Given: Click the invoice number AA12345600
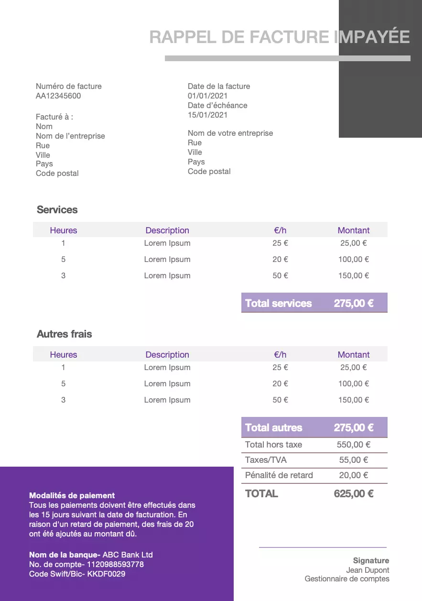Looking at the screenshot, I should (58, 96).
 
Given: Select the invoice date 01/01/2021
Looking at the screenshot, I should (207, 96).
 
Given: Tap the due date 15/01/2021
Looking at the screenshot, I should (207, 115).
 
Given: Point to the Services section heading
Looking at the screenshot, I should (57, 210).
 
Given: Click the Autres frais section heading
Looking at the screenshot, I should (64, 334).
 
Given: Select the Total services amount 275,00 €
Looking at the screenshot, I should (354, 303).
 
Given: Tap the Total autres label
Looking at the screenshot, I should (273, 427).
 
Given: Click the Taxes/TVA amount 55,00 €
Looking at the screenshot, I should (353, 460).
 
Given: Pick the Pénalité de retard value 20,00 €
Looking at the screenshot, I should (353, 475).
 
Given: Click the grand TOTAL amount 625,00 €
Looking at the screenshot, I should (354, 494).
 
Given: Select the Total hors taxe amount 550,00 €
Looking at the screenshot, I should (353, 445).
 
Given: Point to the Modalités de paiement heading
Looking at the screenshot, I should (72, 496).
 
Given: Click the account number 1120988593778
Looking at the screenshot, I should (115, 564).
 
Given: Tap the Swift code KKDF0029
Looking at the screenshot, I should (106, 574).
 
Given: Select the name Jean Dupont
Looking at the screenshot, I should (368, 570).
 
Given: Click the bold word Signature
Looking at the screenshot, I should (371, 560).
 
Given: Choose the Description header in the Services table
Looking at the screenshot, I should (167, 230).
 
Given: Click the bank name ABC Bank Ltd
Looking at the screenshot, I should (128, 555).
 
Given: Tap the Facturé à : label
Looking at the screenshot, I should (54, 117).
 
